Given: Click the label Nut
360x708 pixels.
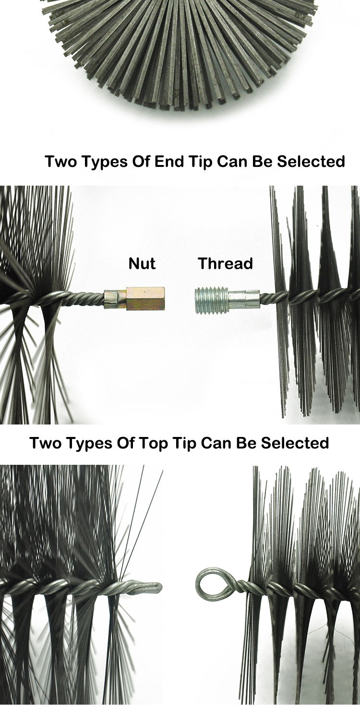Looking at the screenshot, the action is click(x=142, y=263).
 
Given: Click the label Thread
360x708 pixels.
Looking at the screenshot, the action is click(x=226, y=263).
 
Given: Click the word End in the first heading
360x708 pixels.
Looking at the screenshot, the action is click(x=169, y=161).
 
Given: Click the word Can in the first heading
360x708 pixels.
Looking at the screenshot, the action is click(x=232, y=161).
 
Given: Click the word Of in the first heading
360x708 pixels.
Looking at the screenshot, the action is click(x=141, y=161).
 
